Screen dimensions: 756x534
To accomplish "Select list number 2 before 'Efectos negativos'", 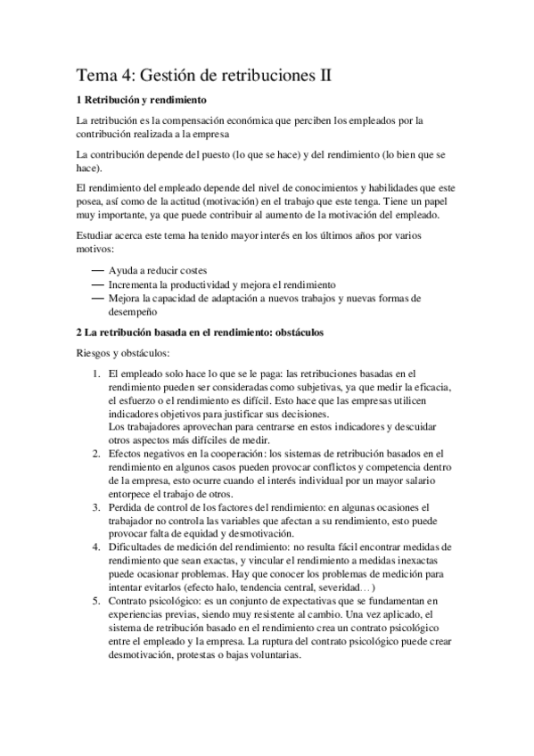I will (96, 454).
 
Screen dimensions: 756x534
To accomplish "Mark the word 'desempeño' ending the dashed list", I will (134, 312).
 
